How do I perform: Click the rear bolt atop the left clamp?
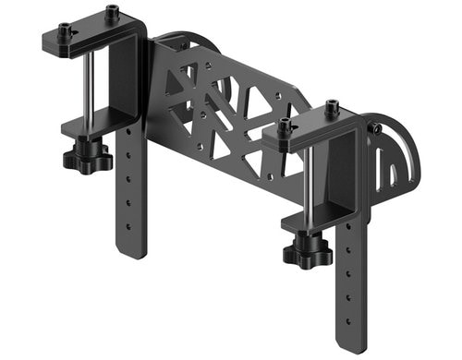coord(112,14)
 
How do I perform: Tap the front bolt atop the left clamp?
coord(65,31)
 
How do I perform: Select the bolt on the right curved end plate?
coord(376,130)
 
